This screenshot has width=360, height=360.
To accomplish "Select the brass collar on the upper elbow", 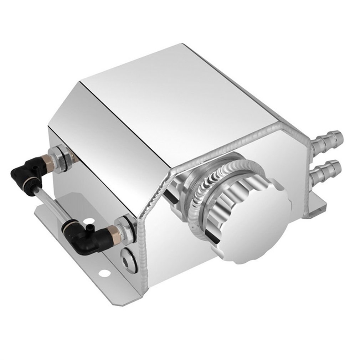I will [x=48, y=162].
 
